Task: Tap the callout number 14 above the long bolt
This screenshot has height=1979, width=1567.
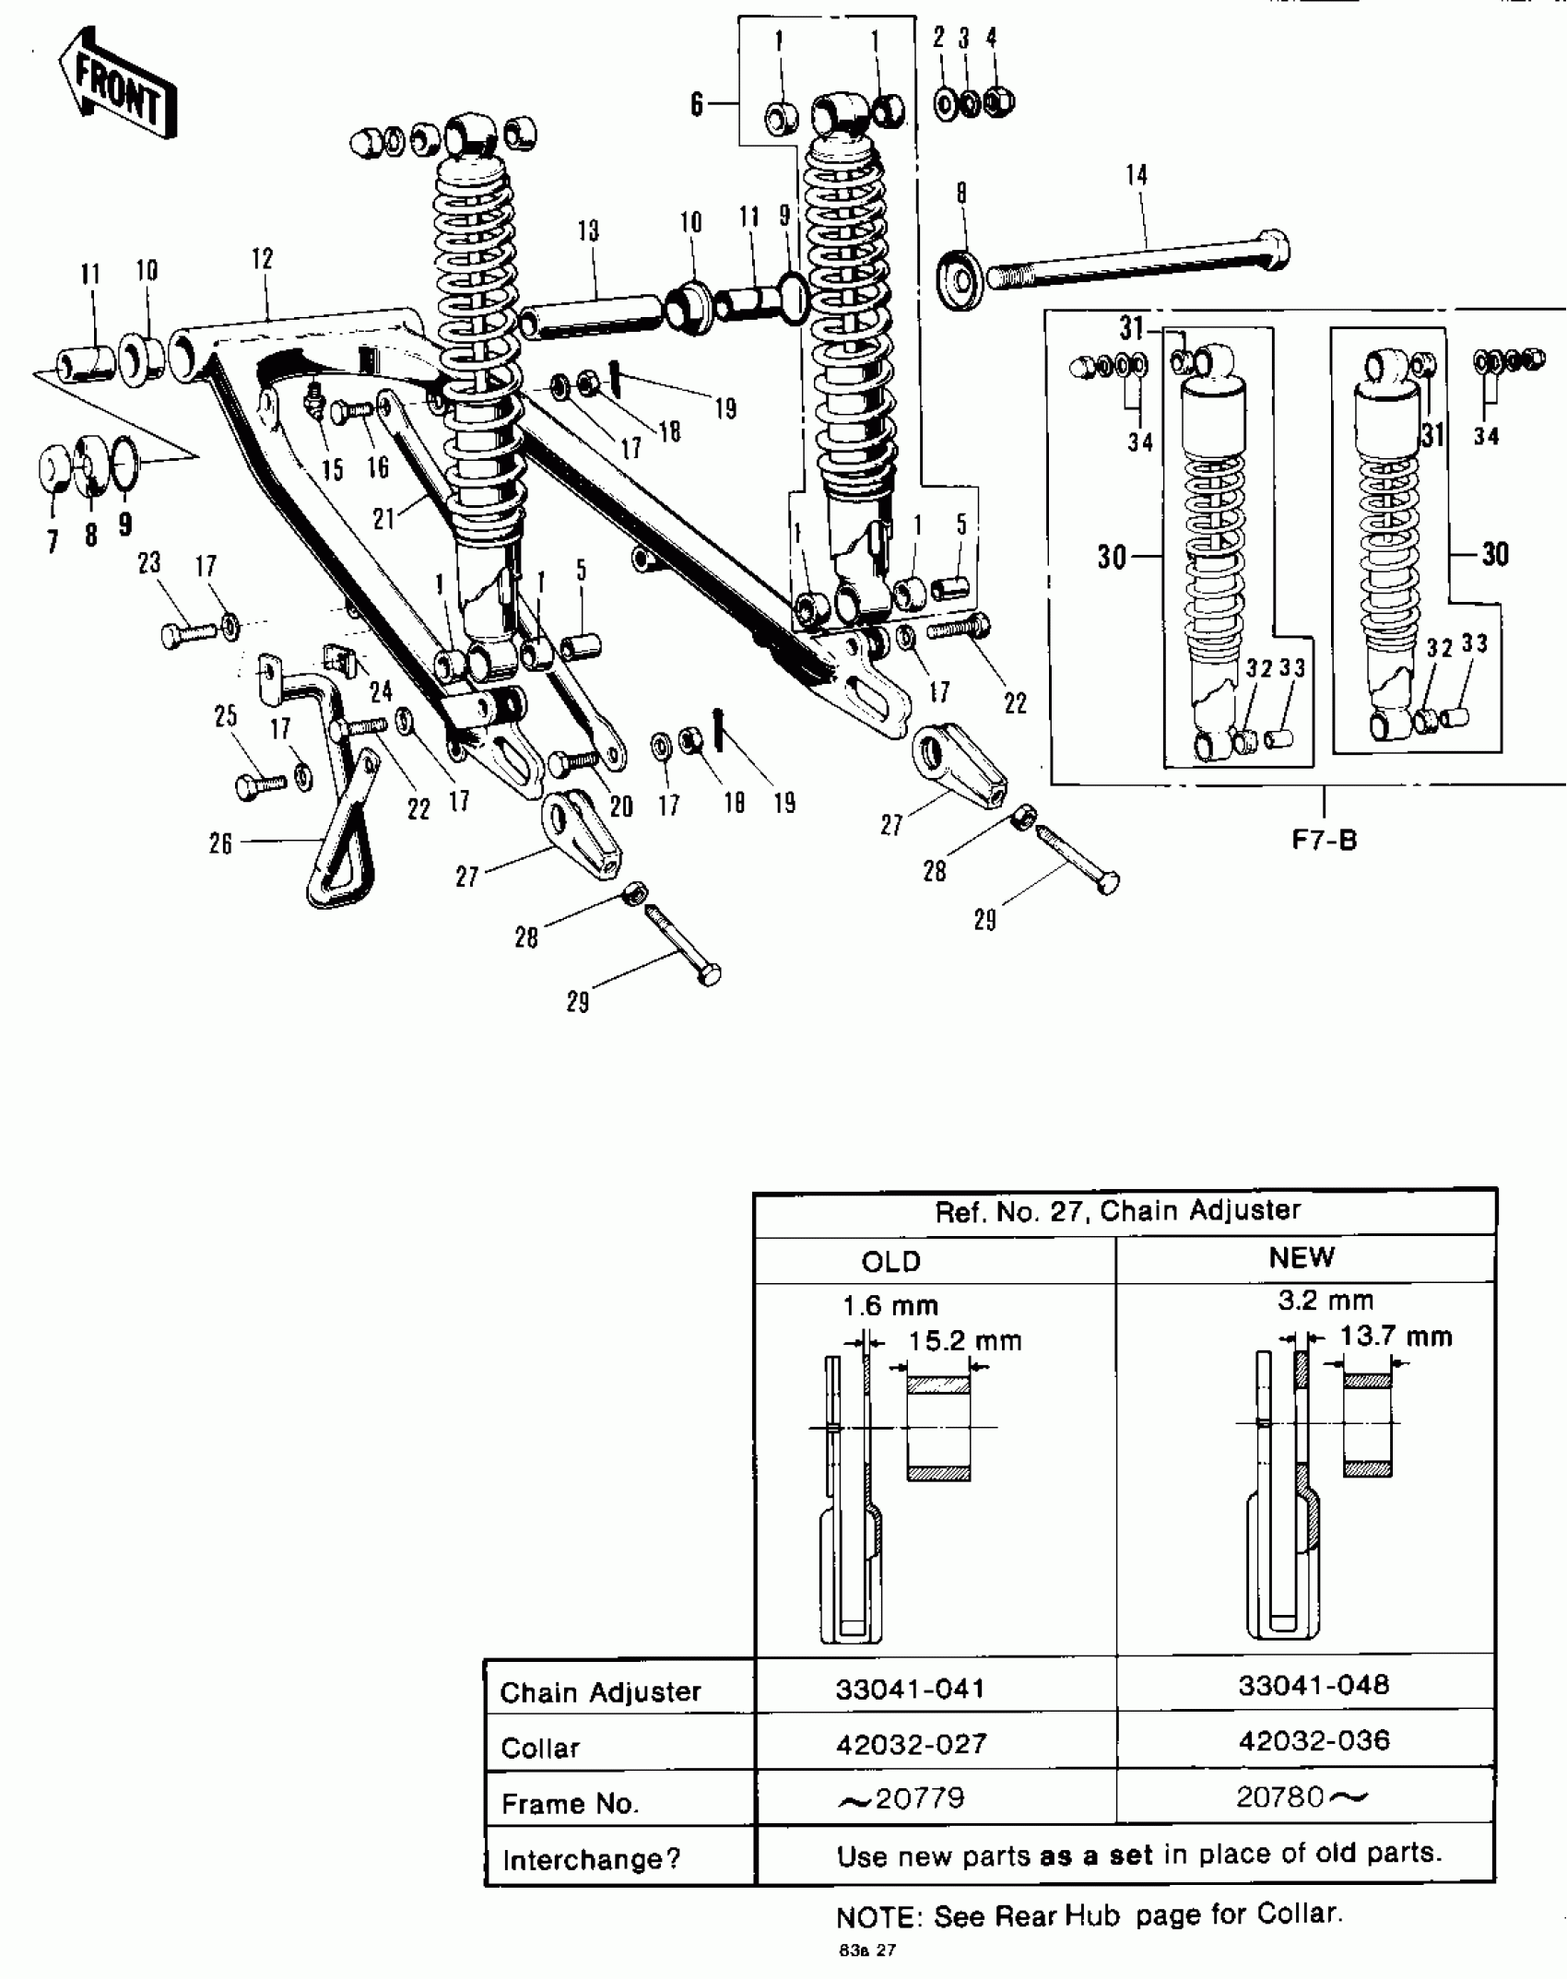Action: [x=1137, y=174]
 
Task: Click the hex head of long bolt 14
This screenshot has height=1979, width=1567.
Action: [x=1274, y=249]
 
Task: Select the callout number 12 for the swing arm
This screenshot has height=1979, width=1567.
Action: [x=263, y=258]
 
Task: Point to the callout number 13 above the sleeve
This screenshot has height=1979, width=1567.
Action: [x=588, y=230]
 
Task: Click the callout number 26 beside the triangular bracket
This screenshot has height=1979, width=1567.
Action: [x=220, y=843]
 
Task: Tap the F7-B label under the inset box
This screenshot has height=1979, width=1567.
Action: [x=1324, y=840]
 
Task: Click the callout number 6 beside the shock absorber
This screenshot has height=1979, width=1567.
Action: [x=697, y=104]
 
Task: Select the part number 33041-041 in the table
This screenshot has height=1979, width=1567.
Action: [x=910, y=1689]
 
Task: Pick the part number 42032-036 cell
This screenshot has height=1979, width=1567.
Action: [x=1314, y=1740]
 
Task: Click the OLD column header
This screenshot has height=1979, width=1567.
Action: [x=890, y=1261]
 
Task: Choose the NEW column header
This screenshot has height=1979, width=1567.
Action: [x=1301, y=1257]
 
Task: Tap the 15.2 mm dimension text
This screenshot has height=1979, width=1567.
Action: [x=964, y=1340]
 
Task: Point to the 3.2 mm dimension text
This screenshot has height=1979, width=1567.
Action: [x=1325, y=1301]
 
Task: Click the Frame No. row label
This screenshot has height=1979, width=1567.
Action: [x=570, y=1803]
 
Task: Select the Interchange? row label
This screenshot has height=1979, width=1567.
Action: [x=591, y=1859]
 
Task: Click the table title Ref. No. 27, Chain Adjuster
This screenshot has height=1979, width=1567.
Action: [x=1117, y=1210]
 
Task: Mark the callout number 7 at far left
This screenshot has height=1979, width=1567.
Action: [x=53, y=541]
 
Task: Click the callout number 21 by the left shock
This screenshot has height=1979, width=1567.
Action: [x=383, y=519]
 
